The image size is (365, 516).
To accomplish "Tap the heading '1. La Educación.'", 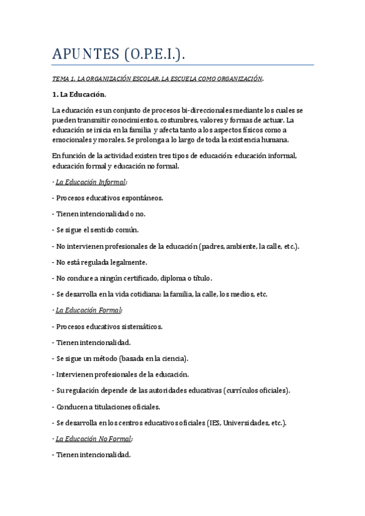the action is [79, 94].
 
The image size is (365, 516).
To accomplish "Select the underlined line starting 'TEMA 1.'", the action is [158, 79].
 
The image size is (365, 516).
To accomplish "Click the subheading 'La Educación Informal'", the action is [91, 181].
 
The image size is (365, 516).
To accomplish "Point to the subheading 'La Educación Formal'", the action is [88, 310].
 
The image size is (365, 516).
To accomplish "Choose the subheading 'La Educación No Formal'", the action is [94, 438].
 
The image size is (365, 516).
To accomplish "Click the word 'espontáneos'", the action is [141, 198].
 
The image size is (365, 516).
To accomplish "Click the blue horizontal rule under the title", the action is [183, 65].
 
